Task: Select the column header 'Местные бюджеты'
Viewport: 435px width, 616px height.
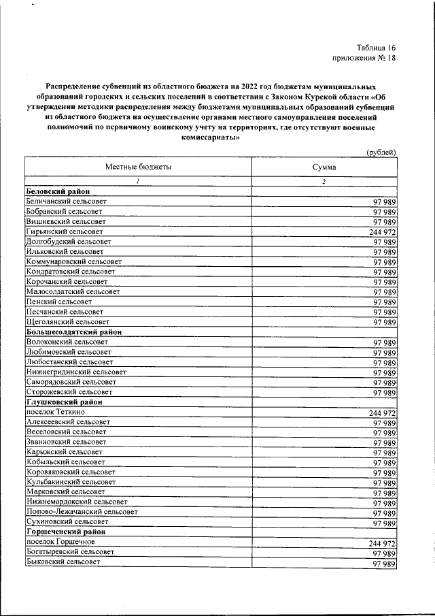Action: click(x=138, y=167)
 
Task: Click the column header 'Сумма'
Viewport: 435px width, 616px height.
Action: click(x=324, y=167)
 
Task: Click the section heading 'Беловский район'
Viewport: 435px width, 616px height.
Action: click(x=58, y=192)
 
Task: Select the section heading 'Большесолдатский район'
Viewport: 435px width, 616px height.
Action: click(x=73, y=331)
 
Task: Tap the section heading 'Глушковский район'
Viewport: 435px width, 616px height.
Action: click(x=63, y=402)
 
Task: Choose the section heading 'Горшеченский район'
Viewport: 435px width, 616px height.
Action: click(x=67, y=532)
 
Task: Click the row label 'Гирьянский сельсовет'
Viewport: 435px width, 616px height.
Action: click(x=64, y=232)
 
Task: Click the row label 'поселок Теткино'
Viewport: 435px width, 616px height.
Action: click(x=56, y=412)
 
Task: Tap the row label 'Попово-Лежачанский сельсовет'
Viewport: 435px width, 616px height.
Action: click(x=82, y=511)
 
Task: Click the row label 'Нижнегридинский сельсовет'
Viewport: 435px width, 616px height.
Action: click(x=76, y=372)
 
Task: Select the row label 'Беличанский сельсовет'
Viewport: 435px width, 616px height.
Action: click(x=66, y=202)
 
